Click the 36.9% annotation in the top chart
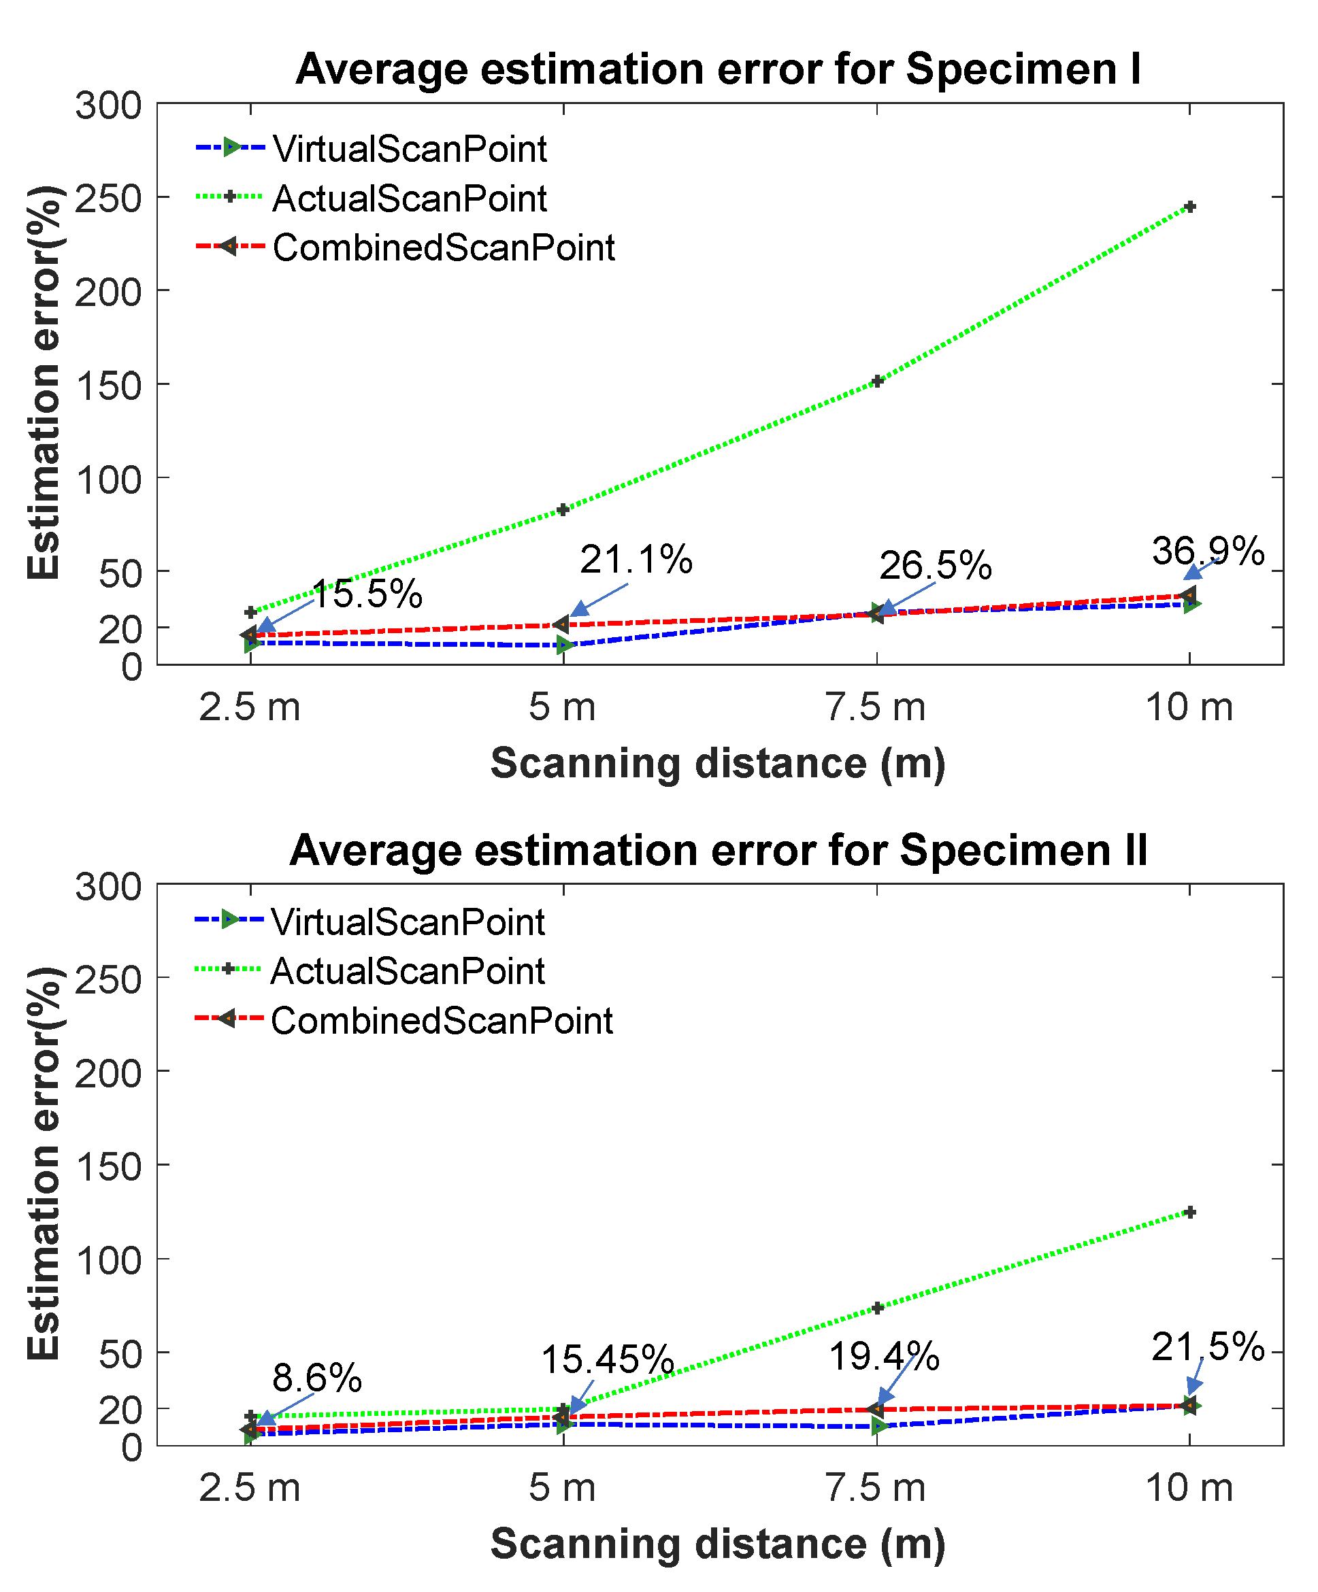point(1207,551)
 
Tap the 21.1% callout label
point(636,560)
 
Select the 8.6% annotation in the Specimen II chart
point(317,1378)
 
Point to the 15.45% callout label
point(607,1359)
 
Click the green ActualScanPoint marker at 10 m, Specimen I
point(1190,207)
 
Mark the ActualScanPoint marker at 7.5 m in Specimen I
point(876,382)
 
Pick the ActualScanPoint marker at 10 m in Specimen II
point(1190,1213)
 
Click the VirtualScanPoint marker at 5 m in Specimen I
point(563,645)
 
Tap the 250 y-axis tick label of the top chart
point(108,199)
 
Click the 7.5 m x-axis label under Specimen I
point(876,707)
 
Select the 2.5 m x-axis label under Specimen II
point(250,1488)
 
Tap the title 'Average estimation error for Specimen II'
point(718,850)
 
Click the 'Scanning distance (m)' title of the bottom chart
point(718,1544)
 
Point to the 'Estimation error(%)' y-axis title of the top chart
point(44,383)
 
